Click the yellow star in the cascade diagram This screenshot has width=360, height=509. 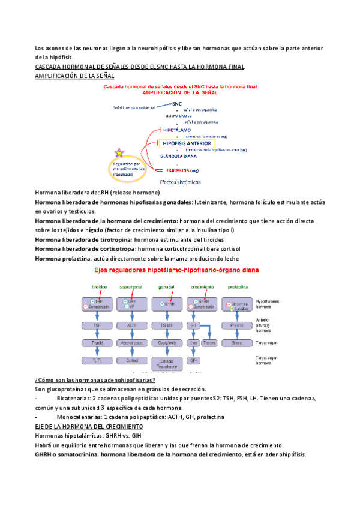(120, 151)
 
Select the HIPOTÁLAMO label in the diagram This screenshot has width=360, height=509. (176, 130)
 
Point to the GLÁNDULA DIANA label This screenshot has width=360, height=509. (178, 156)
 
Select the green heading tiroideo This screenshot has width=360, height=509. (100, 286)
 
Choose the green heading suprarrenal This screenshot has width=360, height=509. (131, 286)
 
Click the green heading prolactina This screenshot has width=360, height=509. (233, 286)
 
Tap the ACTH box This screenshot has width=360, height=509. (130, 325)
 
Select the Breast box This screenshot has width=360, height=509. (236, 343)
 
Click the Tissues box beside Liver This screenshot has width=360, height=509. (209, 343)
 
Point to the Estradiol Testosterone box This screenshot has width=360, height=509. (163, 362)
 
